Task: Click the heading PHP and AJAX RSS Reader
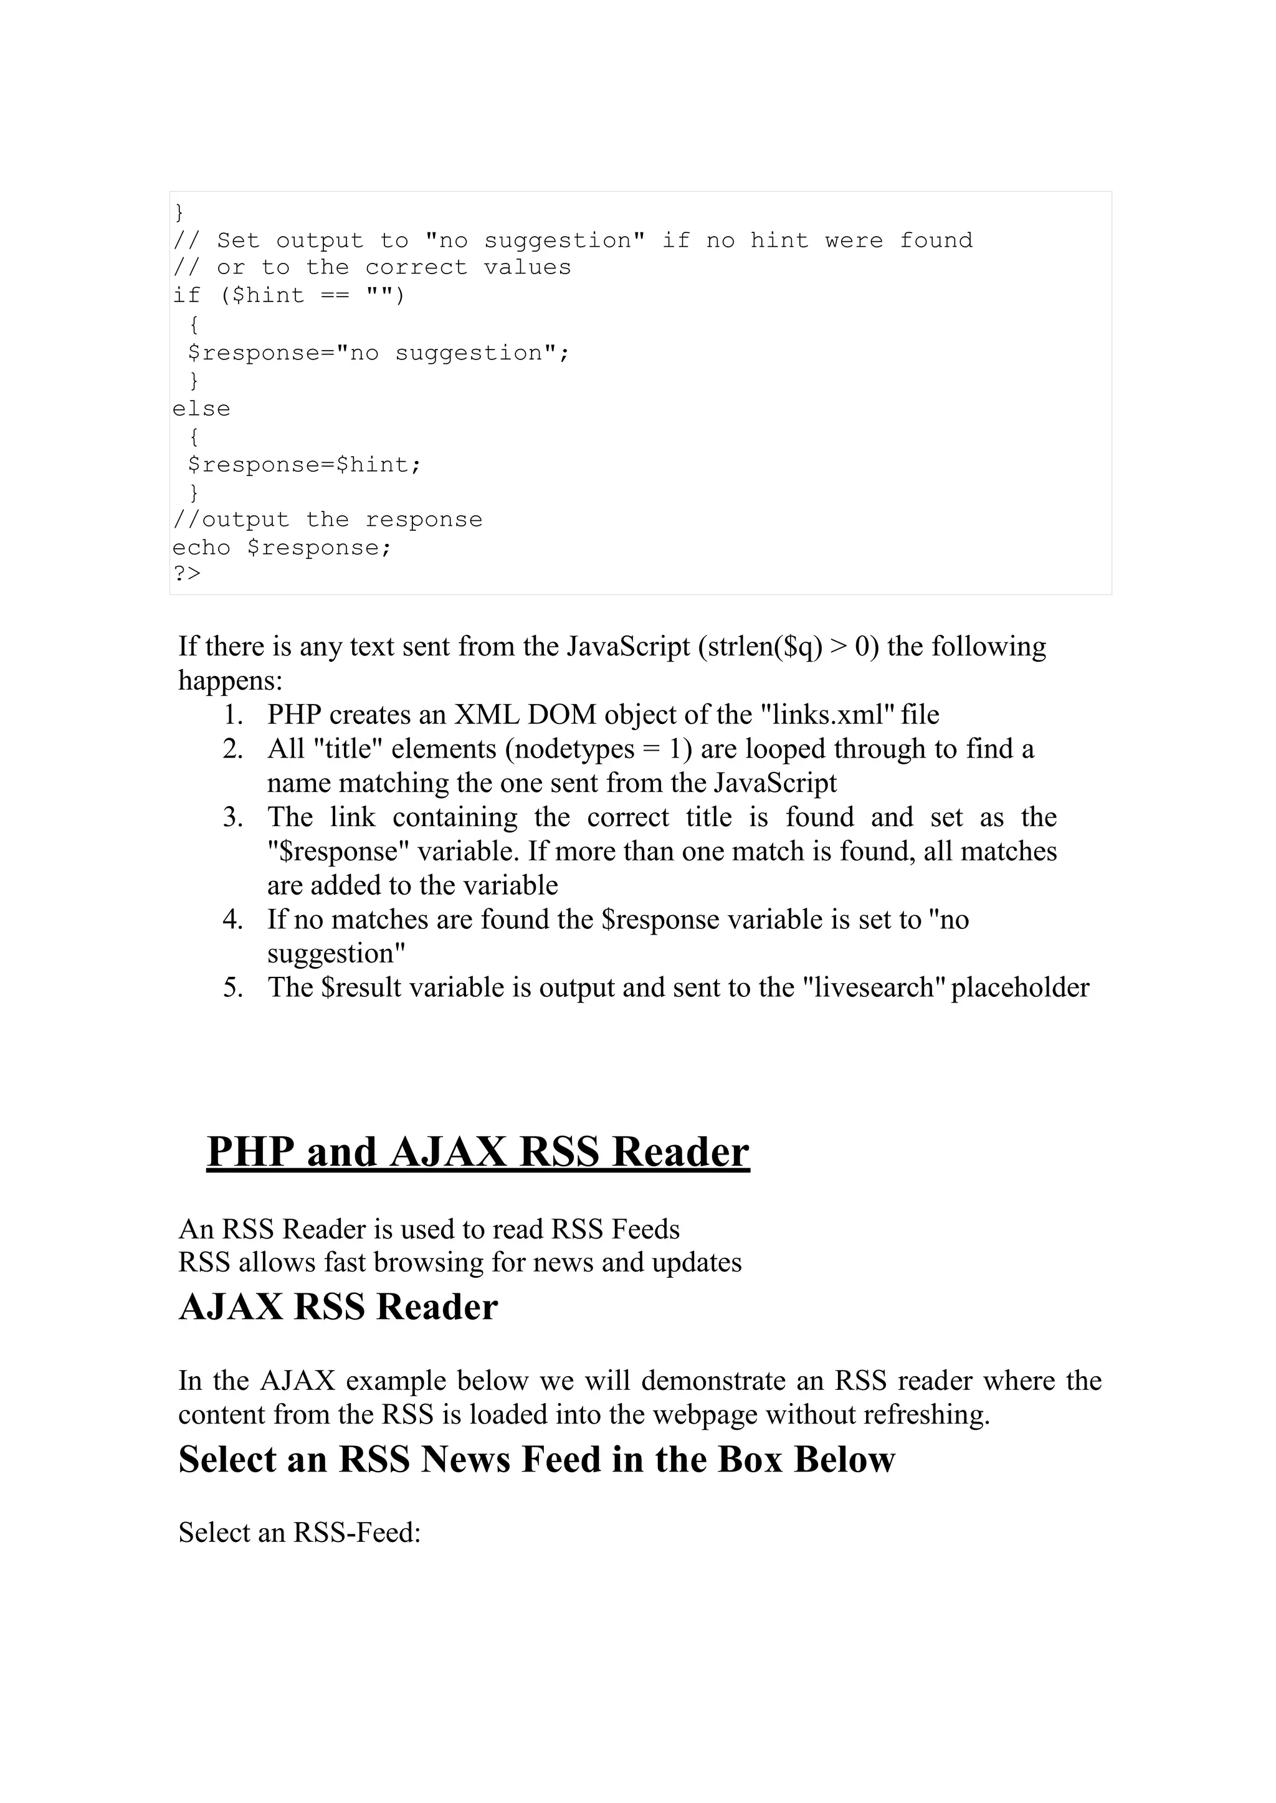(478, 1153)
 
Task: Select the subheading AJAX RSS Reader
(338, 1307)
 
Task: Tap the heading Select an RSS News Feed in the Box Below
(536, 1459)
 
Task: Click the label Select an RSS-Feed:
(299, 1531)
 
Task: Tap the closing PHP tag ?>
(187, 574)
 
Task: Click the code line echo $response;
(281, 548)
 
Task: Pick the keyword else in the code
(201, 409)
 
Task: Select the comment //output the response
(327, 520)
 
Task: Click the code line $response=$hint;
(304, 464)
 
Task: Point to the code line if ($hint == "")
(288, 295)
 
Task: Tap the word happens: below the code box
(230, 680)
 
